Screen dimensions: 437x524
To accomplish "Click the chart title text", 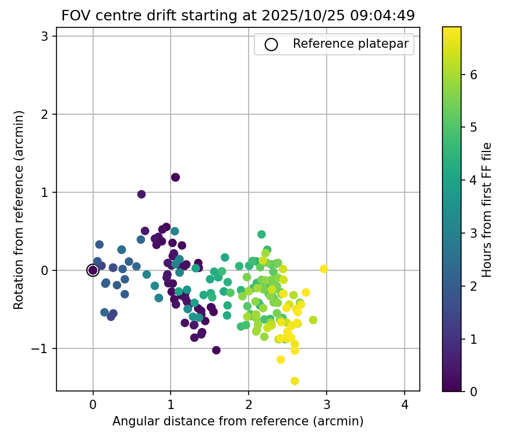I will (x=238, y=16).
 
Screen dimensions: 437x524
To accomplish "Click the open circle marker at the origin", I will (x=93, y=270).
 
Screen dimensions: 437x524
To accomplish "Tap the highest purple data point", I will (x=175, y=177).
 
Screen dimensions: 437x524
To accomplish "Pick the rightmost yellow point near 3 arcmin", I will (x=324, y=269).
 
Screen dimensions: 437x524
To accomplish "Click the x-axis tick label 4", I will (x=404, y=405).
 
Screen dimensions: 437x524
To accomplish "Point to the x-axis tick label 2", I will (x=249, y=405).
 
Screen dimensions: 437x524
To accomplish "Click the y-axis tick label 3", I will (x=45, y=36).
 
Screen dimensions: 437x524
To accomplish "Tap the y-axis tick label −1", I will (x=41, y=348).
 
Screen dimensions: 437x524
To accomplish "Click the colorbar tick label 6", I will (x=474, y=75).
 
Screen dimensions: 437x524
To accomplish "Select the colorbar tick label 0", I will (x=474, y=391).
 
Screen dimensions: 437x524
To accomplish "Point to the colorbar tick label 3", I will (x=474, y=233).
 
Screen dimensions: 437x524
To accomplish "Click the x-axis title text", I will (x=238, y=421).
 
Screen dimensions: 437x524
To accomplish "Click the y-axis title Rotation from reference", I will (x=19, y=208).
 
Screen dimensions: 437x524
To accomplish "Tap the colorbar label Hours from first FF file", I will (x=487, y=209).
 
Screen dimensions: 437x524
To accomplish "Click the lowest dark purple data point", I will (x=216, y=350).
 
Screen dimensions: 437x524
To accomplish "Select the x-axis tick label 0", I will (x=93, y=405).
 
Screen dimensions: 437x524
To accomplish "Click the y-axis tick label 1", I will (x=45, y=192).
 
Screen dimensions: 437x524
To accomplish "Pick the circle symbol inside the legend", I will (x=271, y=44).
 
